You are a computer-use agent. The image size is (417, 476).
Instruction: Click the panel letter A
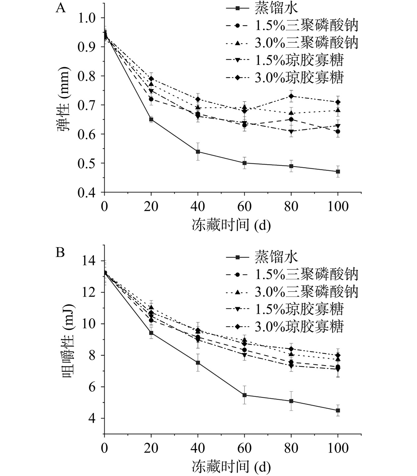pos(61,8)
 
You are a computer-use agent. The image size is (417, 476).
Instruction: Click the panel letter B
pos(60,252)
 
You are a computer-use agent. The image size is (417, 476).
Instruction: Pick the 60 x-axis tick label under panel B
pos(244,449)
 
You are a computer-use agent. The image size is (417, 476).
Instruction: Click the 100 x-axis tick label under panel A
pos(338,207)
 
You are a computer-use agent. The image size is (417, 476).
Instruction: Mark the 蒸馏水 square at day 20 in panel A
pos(151,119)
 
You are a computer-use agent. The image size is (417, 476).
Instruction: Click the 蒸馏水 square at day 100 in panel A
pos(338,171)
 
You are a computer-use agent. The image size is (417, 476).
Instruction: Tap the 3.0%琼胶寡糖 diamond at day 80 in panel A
pos(291,96)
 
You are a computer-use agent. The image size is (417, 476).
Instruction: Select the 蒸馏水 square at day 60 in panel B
pos(245,395)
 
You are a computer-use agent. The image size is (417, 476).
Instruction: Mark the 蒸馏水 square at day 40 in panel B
pos(198,362)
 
